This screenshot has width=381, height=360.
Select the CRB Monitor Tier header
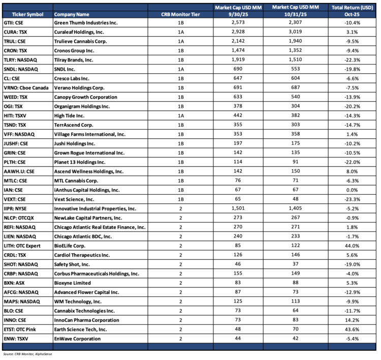pos(181,9)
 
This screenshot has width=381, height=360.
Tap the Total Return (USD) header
pos(352,8)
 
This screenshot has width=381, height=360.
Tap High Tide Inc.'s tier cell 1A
pos(181,115)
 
